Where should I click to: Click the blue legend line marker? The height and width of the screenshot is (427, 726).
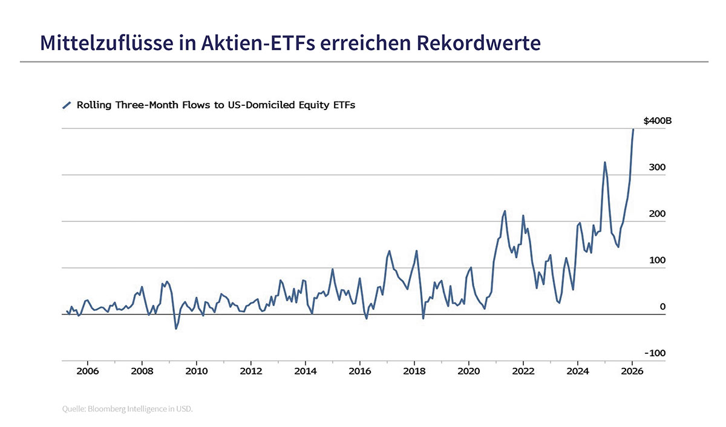(x=67, y=105)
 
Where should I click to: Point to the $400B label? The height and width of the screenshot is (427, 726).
(x=657, y=121)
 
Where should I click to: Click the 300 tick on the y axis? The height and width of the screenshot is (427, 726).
(x=658, y=168)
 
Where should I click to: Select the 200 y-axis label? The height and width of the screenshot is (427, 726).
(x=658, y=214)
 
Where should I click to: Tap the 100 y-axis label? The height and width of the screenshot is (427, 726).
(x=658, y=261)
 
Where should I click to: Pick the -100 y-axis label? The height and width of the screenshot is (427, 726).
(x=655, y=353)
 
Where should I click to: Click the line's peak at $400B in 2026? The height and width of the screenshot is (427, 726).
(x=633, y=129)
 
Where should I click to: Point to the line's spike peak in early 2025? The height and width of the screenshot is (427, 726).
(x=604, y=162)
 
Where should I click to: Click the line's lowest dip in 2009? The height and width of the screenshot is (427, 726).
(x=176, y=328)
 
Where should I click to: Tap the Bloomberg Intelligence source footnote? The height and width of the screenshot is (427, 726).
(x=127, y=409)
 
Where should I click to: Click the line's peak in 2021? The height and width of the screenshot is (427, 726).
(x=505, y=211)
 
